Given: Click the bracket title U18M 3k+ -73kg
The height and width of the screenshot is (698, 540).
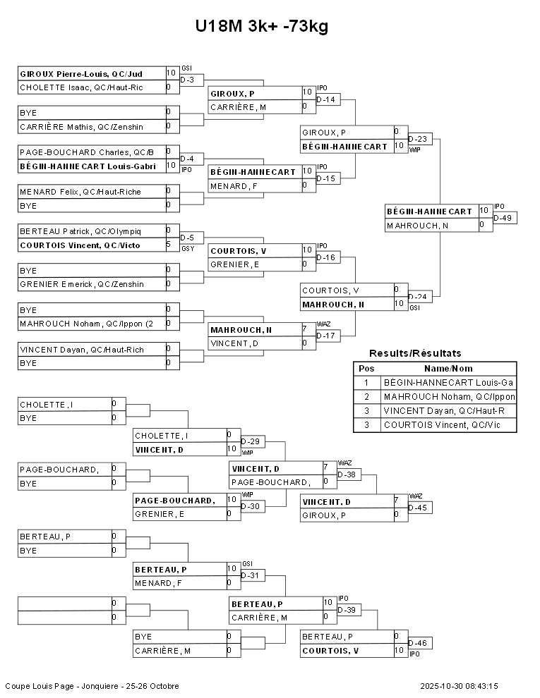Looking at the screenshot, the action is [262, 26].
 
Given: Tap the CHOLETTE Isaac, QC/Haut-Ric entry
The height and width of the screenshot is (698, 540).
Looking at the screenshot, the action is [81, 87].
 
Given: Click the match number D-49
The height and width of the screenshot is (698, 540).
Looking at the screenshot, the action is [503, 218].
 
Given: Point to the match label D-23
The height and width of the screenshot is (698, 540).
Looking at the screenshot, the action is [417, 139].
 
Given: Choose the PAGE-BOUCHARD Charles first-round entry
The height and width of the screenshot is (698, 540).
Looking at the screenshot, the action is [86, 152].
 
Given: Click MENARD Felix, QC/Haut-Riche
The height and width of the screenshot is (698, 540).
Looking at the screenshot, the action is [80, 192].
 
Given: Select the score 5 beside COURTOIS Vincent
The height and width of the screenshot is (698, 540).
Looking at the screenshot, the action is [169, 245].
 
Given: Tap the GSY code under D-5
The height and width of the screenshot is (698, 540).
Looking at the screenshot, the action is [188, 248].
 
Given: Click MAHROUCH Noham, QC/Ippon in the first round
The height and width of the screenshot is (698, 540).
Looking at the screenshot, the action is [86, 324].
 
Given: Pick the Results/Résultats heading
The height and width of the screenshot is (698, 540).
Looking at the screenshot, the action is [415, 353].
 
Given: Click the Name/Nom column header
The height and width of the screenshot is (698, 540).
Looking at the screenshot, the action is [448, 369].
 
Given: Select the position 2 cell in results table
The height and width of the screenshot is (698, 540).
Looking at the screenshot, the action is [366, 397].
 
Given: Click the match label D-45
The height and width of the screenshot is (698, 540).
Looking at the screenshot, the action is [417, 508].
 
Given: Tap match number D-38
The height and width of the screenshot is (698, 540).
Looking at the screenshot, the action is [347, 474].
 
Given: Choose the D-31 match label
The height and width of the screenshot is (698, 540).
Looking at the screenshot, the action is [250, 575].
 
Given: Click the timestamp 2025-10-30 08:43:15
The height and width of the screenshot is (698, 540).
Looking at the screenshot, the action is [459, 686].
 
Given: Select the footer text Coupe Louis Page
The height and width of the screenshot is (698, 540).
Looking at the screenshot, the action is [40, 686].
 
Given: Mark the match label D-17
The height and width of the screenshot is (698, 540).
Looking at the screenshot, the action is [325, 336].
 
